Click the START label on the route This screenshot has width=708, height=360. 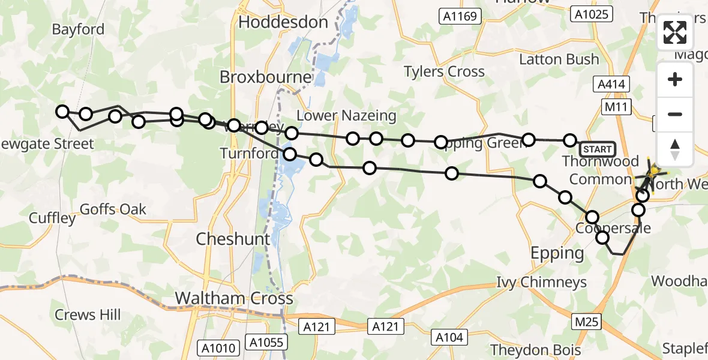(597, 149)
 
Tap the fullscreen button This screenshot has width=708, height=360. (675, 33)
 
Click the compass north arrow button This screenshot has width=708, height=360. (675, 149)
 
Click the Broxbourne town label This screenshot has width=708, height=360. (266, 77)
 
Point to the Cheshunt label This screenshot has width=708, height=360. (233, 239)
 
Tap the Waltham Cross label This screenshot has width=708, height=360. (233, 298)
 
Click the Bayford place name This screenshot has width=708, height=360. (78, 29)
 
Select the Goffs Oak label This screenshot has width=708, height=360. (113, 209)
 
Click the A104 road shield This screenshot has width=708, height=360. (449, 338)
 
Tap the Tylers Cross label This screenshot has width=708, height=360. (444, 72)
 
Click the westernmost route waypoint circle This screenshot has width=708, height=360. (62, 111)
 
